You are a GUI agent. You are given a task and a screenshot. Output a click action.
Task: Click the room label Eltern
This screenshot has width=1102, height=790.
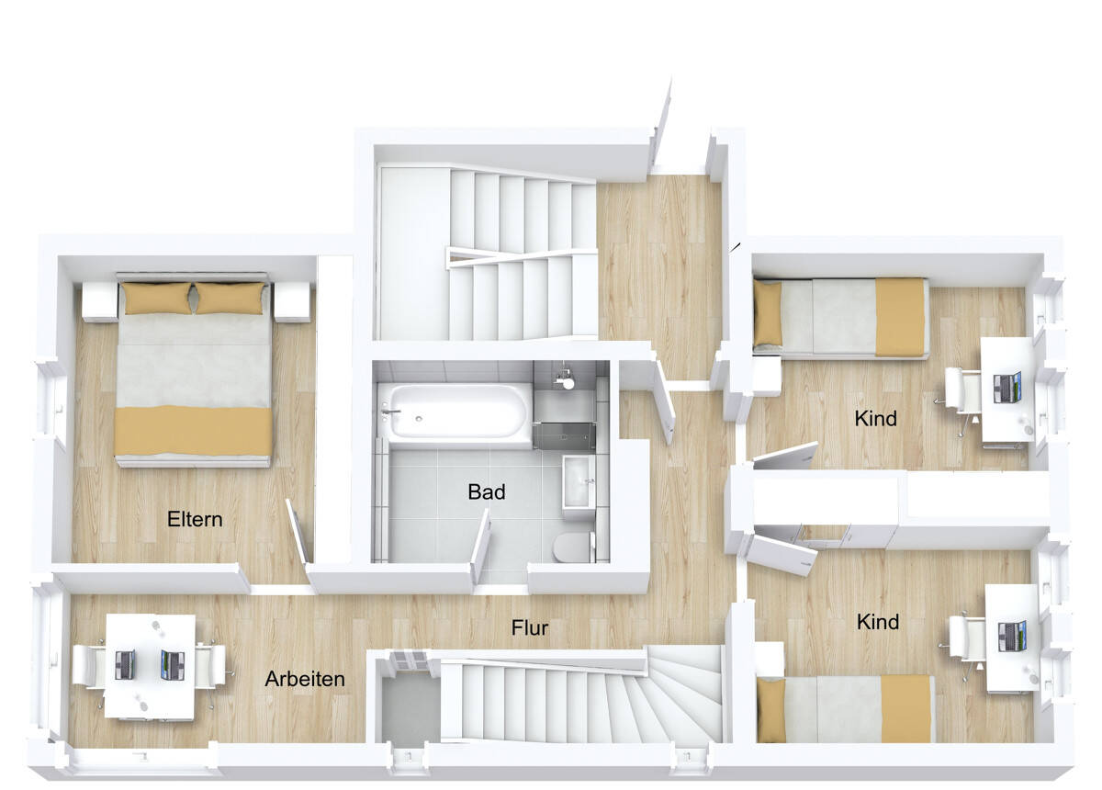coord(195,519)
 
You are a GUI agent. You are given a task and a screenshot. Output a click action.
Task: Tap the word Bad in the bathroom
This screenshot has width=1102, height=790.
coord(486,492)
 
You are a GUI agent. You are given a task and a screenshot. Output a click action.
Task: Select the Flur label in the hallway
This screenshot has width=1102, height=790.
coord(530,628)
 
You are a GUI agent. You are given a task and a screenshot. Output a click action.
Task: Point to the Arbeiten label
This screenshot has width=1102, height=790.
coord(305,680)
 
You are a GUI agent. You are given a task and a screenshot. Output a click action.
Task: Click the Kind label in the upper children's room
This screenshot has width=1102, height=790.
coord(875,419)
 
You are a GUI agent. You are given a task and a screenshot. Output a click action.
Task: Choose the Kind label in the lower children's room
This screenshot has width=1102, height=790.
coord(877,623)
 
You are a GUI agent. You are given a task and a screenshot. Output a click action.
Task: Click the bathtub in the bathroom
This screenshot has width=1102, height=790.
coord(456,411)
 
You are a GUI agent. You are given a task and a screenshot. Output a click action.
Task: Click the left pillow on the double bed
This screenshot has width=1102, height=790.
coord(157,299)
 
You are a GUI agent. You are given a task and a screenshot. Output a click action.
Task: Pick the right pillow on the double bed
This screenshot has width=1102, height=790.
coord(230,299)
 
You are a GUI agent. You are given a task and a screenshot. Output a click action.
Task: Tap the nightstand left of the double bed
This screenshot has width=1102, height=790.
coord(99,301)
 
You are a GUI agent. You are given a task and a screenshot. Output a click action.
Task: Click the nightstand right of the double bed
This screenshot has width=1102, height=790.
coord(292,301)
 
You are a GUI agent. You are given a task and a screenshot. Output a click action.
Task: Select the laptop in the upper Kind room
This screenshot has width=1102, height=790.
coord(1007,387)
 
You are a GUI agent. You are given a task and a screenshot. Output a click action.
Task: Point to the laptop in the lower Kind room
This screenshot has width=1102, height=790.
coord(1012,636)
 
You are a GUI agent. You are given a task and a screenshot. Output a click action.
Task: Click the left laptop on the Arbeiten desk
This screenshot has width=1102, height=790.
coord(126,664)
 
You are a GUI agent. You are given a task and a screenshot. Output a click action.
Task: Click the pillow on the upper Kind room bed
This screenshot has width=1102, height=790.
coord(768,313)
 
